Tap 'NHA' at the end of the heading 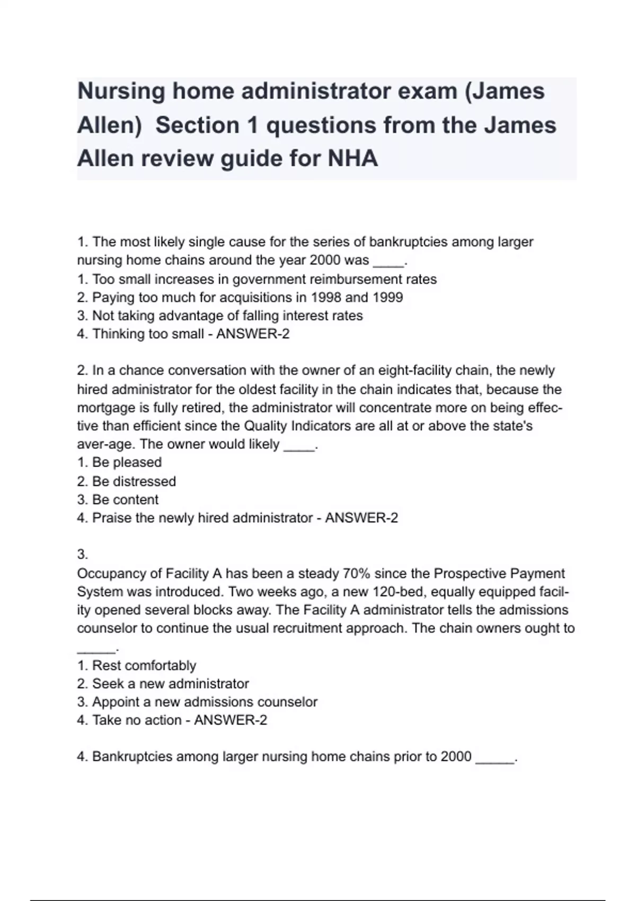click(x=353, y=158)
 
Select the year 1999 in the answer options click(x=387, y=297)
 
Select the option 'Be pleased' click(x=127, y=462)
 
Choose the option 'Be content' click(x=125, y=499)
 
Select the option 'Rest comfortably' click(x=144, y=665)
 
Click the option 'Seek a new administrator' click(x=170, y=684)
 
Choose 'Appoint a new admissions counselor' click(x=205, y=702)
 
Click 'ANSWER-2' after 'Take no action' click(x=231, y=720)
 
